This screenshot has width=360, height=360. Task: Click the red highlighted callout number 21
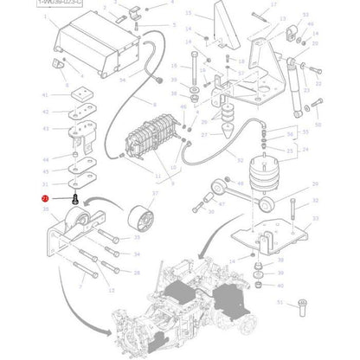(45, 198)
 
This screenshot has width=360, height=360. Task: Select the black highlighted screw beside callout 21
(75, 198)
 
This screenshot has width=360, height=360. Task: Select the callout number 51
(280, 303)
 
